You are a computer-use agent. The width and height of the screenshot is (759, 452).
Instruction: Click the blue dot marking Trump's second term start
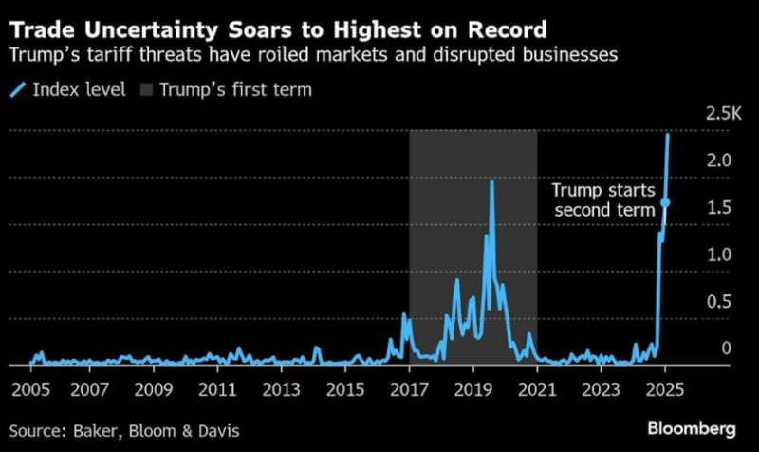(x=665, y=202)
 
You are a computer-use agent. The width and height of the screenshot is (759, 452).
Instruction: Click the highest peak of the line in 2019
(x=491, y=181)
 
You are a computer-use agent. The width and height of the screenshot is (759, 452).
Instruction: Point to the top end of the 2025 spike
(x=669, y=135)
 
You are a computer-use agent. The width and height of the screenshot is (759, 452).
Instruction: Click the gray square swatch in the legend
(x=145, y=91)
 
